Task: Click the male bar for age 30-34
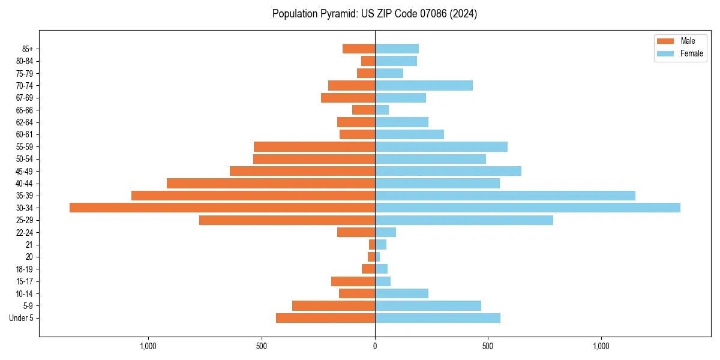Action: coord(222,208)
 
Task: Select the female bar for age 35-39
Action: coord(505,196)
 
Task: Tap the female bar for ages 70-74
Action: coord(424,85)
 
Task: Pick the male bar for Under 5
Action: coord(325,318)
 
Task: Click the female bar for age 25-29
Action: coord(464,220)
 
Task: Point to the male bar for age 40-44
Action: coord(271,183)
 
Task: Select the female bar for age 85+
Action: coord(397,49)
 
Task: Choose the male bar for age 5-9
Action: coord(333,305)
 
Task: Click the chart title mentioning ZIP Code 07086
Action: coord(374,14)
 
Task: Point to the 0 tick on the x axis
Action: coord(375,346)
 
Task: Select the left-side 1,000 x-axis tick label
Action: coord(148,346)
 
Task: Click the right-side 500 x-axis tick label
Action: coord(488,346)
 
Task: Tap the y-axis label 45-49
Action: coord(25,171)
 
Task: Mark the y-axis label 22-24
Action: coord(25,232)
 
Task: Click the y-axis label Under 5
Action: coord(22,318)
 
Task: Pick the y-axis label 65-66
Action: coord(25,110)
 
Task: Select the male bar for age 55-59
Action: coord(314,146)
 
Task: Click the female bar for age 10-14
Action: coord(401,293)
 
